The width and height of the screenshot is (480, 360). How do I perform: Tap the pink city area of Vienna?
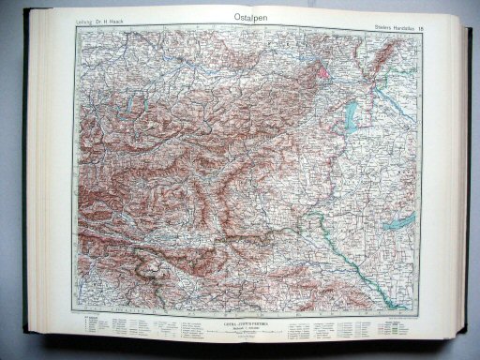pos(324,68)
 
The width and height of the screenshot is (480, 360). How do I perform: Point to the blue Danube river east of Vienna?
pos(361,70)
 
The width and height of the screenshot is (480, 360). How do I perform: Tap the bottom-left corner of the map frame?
pos(78,313)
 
